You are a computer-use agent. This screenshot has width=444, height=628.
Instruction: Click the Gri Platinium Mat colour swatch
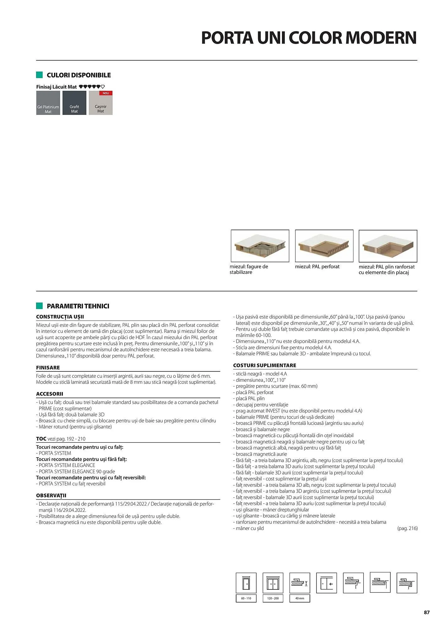(x=48, y=103)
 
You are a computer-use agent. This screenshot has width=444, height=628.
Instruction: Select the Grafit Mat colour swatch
(x=74, y=103)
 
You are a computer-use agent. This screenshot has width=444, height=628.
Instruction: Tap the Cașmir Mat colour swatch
(x=100, y=104)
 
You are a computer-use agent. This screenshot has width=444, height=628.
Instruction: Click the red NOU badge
(x=106, y=93)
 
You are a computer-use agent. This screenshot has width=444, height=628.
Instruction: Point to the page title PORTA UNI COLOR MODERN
(x=309, y=38)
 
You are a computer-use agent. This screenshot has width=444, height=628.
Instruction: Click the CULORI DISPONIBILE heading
(x=79, y=75)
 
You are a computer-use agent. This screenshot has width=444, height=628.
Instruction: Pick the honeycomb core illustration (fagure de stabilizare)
(x=260, y=246)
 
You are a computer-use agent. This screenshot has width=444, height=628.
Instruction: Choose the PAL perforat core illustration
(x=324, y=246)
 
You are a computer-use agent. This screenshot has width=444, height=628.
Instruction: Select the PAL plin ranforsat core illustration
(x=388, y=246)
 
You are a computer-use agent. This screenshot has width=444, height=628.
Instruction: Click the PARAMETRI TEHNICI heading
(x=78, y=306)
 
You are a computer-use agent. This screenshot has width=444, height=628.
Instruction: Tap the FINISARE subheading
(x=48, y=368)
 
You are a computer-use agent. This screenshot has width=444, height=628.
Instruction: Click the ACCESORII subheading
(x=50, y=394)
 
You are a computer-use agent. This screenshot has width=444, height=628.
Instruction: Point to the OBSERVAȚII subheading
(x=51, y=495)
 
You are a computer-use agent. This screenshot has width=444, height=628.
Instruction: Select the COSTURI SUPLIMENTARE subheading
(x=264, y=365)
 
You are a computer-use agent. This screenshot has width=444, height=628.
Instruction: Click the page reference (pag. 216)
(x=407, y=528)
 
